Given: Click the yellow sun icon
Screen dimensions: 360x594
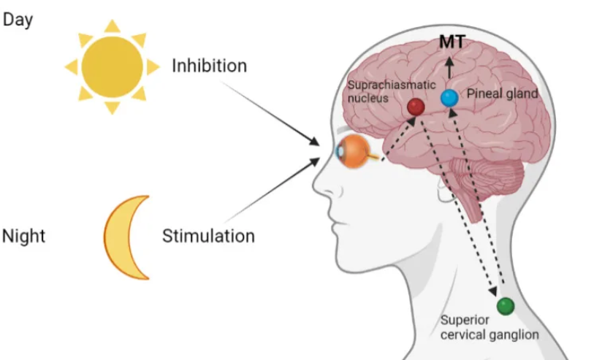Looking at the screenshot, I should [x=112, y=66].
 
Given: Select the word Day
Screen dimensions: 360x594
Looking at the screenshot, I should [x=18, y=20].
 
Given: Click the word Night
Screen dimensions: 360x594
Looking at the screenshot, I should [x=23, y=237].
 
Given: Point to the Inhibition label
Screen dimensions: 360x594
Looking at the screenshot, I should [x=209, y=66].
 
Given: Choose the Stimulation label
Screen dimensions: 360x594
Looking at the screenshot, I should [x=208, y=237].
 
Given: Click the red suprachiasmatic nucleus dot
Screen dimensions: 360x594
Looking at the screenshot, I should [x=416, y=107].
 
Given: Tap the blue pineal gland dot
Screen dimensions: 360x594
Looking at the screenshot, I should [x=449, y=97].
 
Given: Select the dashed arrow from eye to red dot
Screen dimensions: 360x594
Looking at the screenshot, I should [x=398, y=134].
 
